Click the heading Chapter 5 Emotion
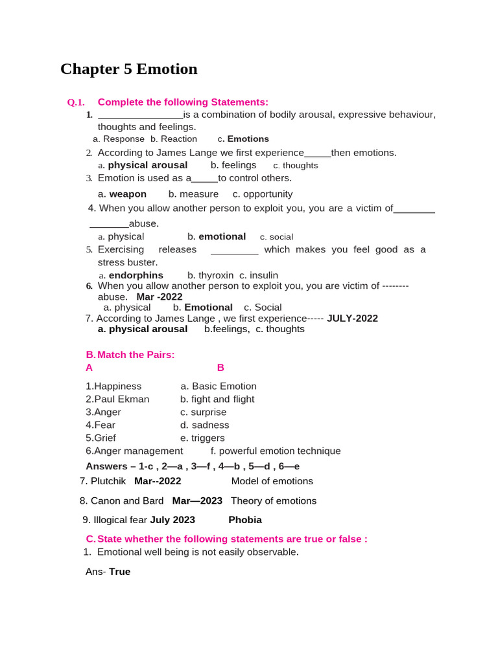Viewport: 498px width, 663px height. [x=128, y=69]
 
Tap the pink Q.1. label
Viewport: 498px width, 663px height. [x=76, y=102]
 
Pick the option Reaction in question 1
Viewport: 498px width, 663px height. [x=178, y=139]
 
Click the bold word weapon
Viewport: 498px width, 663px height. [x=128, y=194]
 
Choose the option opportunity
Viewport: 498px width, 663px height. [x=268, y=194]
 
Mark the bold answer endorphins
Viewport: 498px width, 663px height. [x=136, y=275]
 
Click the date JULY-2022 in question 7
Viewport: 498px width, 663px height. [x=352, y=319]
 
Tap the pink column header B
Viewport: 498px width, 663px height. [x=220, y=368]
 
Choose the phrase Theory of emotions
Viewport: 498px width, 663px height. [x=274, y=501]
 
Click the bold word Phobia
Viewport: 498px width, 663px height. [x=245, y=520]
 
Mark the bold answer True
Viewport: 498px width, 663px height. [x=119, y=572]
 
